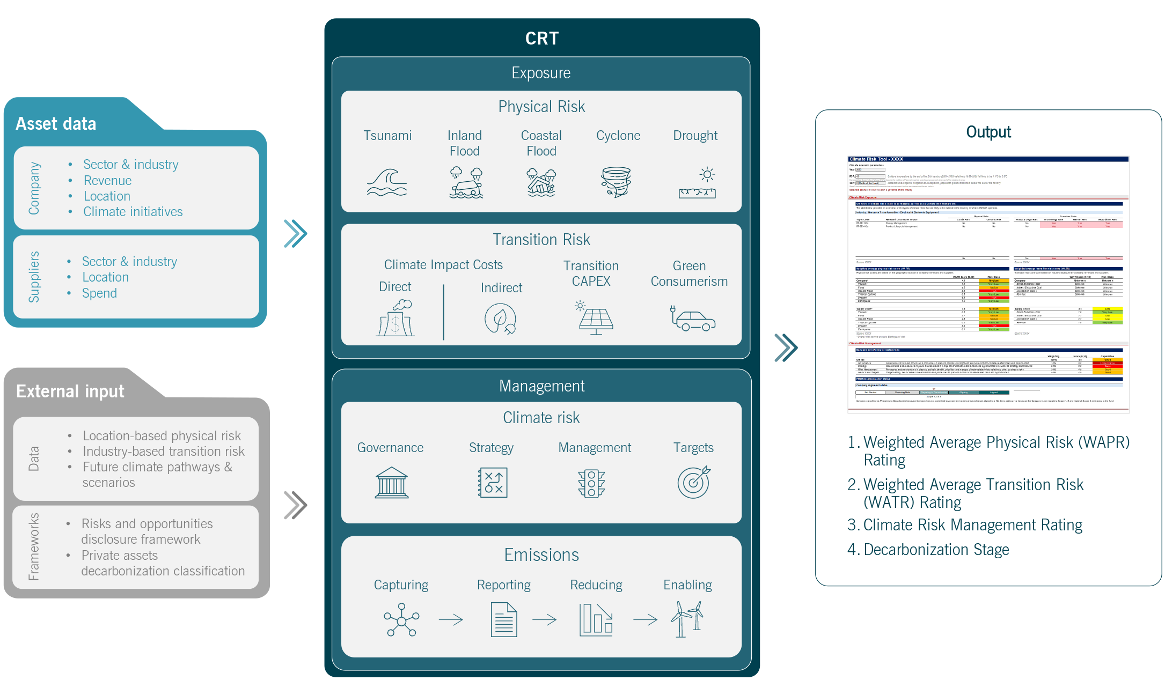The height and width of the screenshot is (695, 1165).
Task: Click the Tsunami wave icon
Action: pyautogui.click(x=387, y=183)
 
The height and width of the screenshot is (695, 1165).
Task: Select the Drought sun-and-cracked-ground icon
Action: pyautogui.click(x=697, y=183)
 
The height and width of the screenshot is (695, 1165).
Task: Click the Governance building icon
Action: pyautogui.click(x=392, y=483)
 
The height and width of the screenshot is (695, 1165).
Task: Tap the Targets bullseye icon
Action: pyautogui.click(x=694, y=483)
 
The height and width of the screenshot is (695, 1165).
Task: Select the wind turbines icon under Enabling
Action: pyautogui.click(x=687, y=619)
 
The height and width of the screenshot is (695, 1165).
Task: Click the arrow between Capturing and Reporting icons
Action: pyautogui.click(x=451, y=620)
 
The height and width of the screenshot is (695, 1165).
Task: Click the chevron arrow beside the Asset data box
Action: pyautogui.click(x=295, y=234)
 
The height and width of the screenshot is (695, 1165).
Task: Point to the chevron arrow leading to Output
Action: pyautogui.click(x=786, y=347)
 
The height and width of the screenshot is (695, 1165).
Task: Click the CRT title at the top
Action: pyautogui.click(x=542, y=39)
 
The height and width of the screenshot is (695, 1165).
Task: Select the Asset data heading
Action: pyautogui.click(x=56, y=124)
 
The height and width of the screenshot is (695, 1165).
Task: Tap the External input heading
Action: pyautogui.click(x=70, y=391)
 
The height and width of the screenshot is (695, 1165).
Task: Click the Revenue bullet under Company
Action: pyautogui.click(x=107, y=181)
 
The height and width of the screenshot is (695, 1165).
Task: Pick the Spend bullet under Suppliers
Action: pyautogui.click(x=99, y=293)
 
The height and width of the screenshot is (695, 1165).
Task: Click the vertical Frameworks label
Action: pyautogui.click(x=34, y=546)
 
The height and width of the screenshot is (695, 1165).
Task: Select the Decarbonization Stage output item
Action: pyautogui.click(x=936, y=550)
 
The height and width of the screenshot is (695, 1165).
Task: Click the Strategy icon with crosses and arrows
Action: pyautogui.click(x=493, y=483)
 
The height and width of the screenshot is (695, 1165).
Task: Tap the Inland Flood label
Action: pyautogui.click(x=465, y=143)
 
